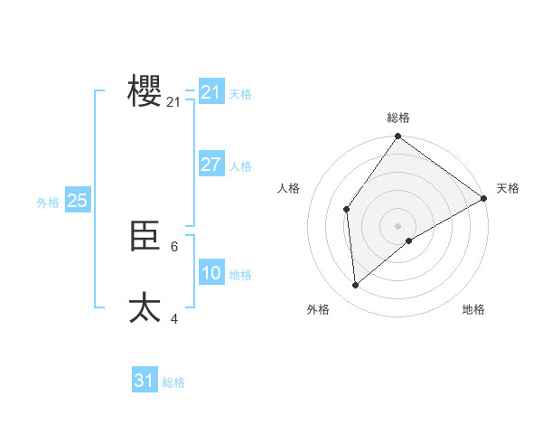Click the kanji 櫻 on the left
click(145, 91)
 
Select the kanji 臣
click(145, 237)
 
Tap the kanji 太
click(145, 307)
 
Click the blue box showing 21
click(210, 92)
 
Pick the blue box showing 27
click(210, 165)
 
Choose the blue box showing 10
click(210, 273)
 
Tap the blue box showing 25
click(77, 201)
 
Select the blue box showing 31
click(145, 381)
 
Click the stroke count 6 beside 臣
click(174, 246)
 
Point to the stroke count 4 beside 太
click(174, 318)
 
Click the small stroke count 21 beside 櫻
click(173, 102)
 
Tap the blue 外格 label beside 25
click(48, 203)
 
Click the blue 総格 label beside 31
click(173, 382)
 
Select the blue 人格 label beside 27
click(240, 166)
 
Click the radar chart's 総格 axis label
click(397, 118)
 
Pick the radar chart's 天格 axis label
click(508, 188)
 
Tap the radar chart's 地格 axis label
click(473, 309)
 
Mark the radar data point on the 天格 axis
click(484, 198)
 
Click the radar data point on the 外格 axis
click(356, 285)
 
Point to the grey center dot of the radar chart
click(397, 226)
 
